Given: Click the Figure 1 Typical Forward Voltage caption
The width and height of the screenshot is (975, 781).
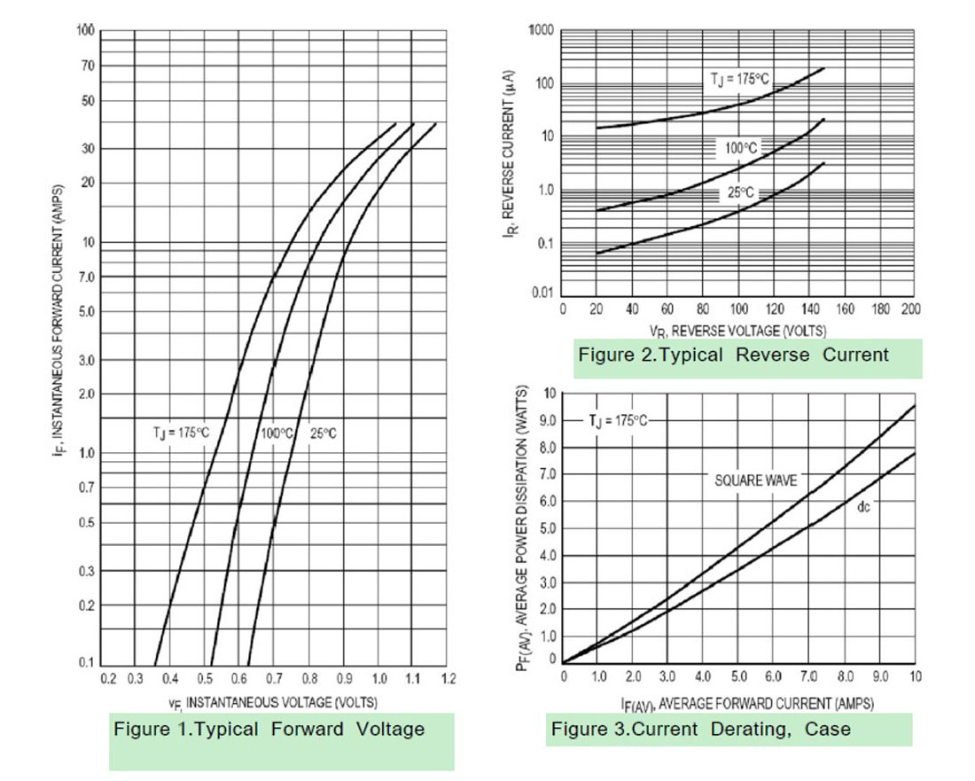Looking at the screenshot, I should (x=269, y=730).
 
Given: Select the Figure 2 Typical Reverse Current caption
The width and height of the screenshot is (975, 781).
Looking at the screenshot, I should (x=733, y=355).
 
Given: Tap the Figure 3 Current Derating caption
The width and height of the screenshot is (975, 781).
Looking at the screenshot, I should (x=700, y=730).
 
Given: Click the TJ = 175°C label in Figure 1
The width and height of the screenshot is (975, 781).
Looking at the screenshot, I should (x=181, y=433).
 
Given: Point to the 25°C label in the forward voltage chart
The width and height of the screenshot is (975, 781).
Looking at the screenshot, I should (x=324, y=433).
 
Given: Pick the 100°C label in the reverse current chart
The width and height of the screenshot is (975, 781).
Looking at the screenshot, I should (x=742, y=148).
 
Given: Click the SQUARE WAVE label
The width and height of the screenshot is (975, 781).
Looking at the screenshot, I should (x=756, y=480).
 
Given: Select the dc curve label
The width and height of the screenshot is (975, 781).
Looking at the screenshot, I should (x=863, y=508).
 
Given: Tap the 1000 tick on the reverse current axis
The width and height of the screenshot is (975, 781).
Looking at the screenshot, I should (x=541, y=32).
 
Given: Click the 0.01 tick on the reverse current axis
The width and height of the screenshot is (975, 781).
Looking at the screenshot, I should (x=542, y=293).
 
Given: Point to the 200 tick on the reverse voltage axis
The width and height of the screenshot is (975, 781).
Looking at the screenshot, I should (x=910, y=309).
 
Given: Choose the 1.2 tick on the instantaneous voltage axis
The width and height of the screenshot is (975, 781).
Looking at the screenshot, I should (x=448, y=679).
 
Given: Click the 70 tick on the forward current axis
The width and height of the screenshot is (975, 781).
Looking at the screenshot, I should (x=88, y=66).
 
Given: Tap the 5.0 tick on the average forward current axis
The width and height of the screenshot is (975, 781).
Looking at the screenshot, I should (x=737, y=676).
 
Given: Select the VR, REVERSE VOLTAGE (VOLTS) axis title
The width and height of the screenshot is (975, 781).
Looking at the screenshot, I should (x=737, y=331).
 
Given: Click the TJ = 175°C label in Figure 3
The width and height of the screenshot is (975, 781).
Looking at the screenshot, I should (x=619, y=420).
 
